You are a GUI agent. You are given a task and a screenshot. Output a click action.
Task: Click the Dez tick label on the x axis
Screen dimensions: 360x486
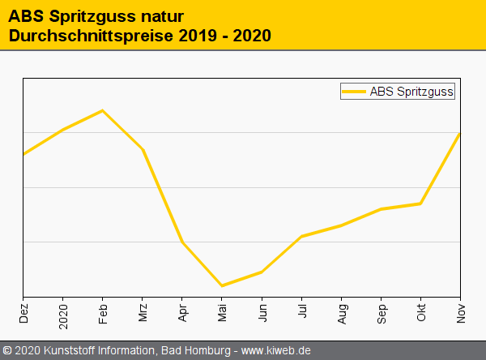coord(23,313)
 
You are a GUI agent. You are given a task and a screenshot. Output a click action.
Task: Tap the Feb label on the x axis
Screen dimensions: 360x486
coord(103,313)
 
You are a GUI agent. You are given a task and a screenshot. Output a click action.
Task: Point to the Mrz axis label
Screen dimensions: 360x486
coord(143,313)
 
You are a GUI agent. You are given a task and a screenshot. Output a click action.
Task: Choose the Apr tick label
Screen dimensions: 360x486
coord(182,313)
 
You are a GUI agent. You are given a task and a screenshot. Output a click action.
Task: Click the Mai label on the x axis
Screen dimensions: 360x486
coord(222,313)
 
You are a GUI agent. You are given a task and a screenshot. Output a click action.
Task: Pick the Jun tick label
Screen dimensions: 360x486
coord(262,313)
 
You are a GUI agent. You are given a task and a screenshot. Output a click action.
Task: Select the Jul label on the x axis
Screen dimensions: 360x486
coord(301,312)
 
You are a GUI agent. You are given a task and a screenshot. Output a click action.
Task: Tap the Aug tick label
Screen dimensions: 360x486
coord(341,313)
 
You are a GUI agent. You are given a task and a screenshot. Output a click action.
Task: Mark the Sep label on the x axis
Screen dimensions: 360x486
coord(381,313)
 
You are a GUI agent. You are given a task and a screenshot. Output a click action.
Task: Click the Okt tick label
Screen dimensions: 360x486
coord(421,313)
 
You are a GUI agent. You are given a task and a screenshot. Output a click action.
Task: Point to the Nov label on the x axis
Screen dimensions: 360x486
coord(461,313)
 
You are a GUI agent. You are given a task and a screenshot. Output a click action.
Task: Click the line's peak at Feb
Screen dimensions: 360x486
coord(102,110)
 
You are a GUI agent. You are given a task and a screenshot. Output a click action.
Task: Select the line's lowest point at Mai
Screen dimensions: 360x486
coord(222,285)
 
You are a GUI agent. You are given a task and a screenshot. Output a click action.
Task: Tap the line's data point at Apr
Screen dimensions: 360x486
coord(182,242)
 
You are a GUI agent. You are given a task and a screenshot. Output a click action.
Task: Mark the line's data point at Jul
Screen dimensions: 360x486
coord(301,236)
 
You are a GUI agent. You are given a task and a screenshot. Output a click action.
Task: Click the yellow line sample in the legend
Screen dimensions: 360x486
coord(354,92)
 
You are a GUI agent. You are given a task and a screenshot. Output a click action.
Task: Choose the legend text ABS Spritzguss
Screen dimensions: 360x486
coord(411,92)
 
